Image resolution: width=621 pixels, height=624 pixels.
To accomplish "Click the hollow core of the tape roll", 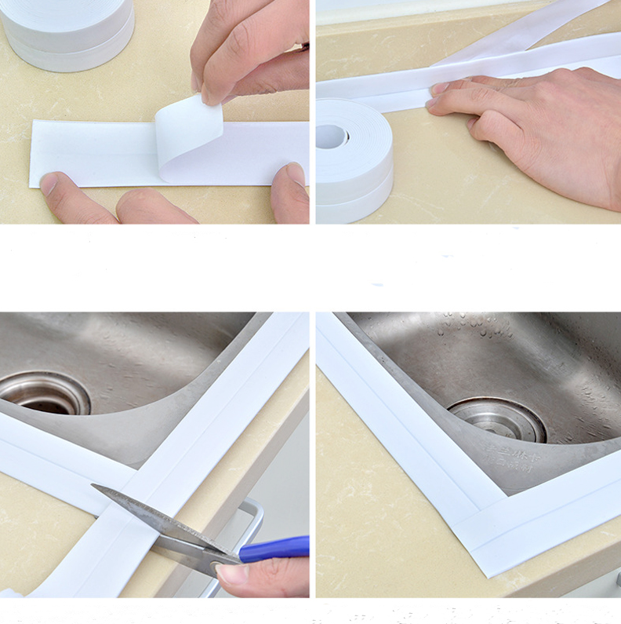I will coord(332,135).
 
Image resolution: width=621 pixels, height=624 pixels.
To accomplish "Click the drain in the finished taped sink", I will coord(497,419).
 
